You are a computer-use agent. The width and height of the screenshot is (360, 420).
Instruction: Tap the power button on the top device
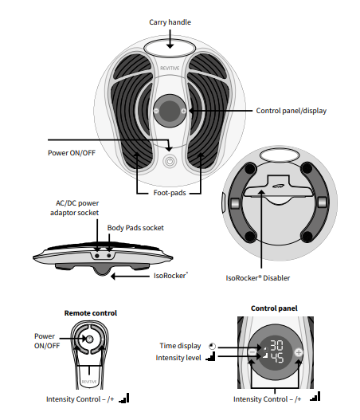[169, 160]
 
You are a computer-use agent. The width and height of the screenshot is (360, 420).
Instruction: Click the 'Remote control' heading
[90, 312]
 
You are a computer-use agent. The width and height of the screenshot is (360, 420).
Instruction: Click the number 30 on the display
[276, 347]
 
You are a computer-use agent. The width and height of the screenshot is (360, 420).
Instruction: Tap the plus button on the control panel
[299, 351]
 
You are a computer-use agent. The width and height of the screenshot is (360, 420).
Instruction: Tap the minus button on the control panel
[252, 351]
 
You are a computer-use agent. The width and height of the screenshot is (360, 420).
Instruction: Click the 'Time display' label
[181, 346]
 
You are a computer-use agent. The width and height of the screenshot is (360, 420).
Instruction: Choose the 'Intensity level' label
[179, 358]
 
